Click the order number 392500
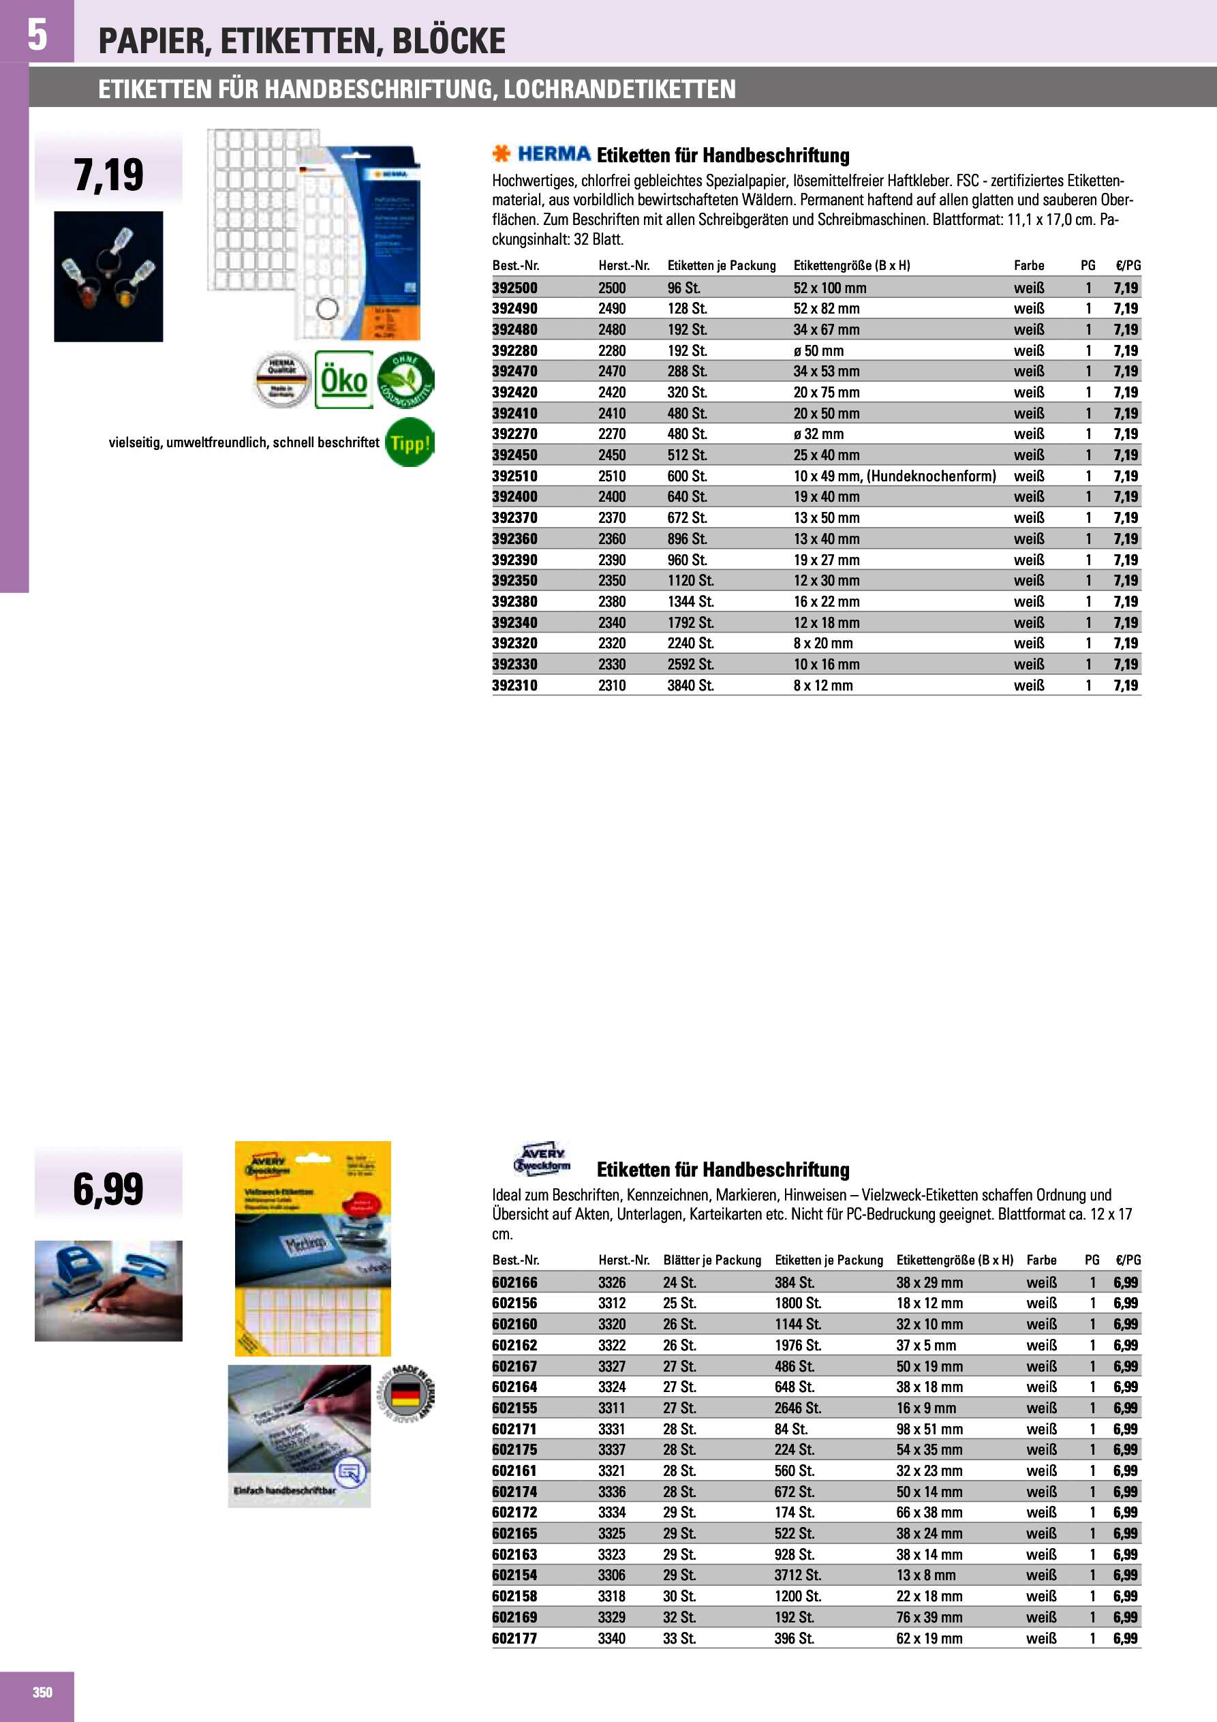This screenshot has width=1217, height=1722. pos(514,288)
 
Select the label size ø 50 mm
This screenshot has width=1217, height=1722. pos(818,351)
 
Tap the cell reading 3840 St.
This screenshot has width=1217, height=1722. pos(690,686)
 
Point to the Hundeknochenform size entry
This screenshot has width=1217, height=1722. pos(895,477)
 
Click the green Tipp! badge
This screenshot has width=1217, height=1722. pos(410,443)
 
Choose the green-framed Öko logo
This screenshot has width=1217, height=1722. pos(343,380)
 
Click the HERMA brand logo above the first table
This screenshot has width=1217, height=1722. pos(542,155)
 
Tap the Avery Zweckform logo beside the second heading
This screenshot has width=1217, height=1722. pos(542,1160)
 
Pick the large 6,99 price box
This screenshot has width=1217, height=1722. pos(109,1190)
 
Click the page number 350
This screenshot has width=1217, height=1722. pos(43,1692)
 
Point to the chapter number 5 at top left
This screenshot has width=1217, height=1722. pos(37,35)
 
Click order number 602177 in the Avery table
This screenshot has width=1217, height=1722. pos(514,1639)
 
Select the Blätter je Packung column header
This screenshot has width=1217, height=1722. pos(711,1260)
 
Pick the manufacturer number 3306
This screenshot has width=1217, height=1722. pos(612,1575)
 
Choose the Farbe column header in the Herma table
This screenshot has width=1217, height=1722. pos(1029,265)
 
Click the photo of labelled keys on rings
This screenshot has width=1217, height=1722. pos(109,277)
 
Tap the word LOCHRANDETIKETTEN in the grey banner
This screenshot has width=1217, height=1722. pos(619,89)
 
